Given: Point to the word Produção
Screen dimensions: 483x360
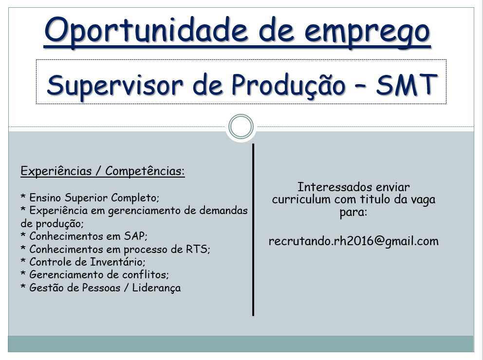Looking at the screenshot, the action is [x=288, y=84].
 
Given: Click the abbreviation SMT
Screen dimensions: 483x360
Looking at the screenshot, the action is [x=407, y=85].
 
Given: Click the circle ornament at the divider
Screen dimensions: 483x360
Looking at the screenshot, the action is [x=241, y=126].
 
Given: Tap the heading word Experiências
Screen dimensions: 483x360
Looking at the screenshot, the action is [x=56, y=171].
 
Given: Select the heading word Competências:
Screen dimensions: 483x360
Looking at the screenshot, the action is [x=145, y=171].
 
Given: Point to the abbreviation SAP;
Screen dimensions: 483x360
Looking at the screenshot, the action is [x=136, y=236].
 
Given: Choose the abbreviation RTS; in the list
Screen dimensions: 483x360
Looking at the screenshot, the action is [x=198, y=249].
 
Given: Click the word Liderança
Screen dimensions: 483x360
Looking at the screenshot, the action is [x=156, y=288].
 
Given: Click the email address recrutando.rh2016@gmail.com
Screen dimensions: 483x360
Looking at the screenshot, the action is [x=353, y=241].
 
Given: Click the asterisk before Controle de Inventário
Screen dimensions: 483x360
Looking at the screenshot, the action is [x=23, y=261].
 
